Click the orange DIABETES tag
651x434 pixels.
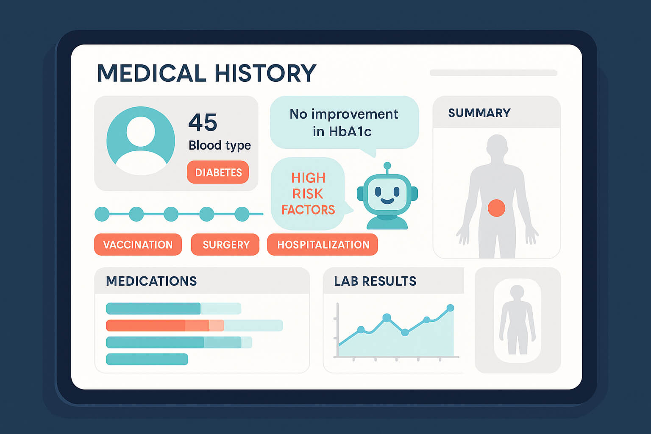[x=218, y=172]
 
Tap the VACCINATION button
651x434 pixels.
[x=138, y=245]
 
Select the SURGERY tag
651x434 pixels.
[x=225, y=245]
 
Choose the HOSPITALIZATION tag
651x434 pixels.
[x=323, y=245]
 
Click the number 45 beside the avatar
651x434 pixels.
[x=203, y=122]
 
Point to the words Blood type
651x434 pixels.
[x=220, y=145]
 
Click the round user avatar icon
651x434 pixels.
[x=141, y=141]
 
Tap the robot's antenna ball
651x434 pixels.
[x=387, y=166]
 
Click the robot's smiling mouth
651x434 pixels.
[x=387, y=201]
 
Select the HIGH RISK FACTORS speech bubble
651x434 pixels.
[x=308, y=194]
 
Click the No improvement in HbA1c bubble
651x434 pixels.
[x=344, y=122]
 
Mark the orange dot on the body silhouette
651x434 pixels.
[x=496, y=208]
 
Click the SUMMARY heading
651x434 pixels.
[x=479, y=113]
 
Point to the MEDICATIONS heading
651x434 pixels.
[x=151, y=281]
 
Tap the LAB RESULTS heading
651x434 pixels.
[x=375, y=281]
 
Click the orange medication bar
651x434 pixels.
[x=165, y=325]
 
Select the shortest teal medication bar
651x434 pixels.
[x=147, y=359]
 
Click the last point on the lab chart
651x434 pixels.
[x=450, y=308]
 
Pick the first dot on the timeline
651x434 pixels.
[x=102, y=214]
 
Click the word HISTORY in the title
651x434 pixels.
[x=265, y=73]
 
